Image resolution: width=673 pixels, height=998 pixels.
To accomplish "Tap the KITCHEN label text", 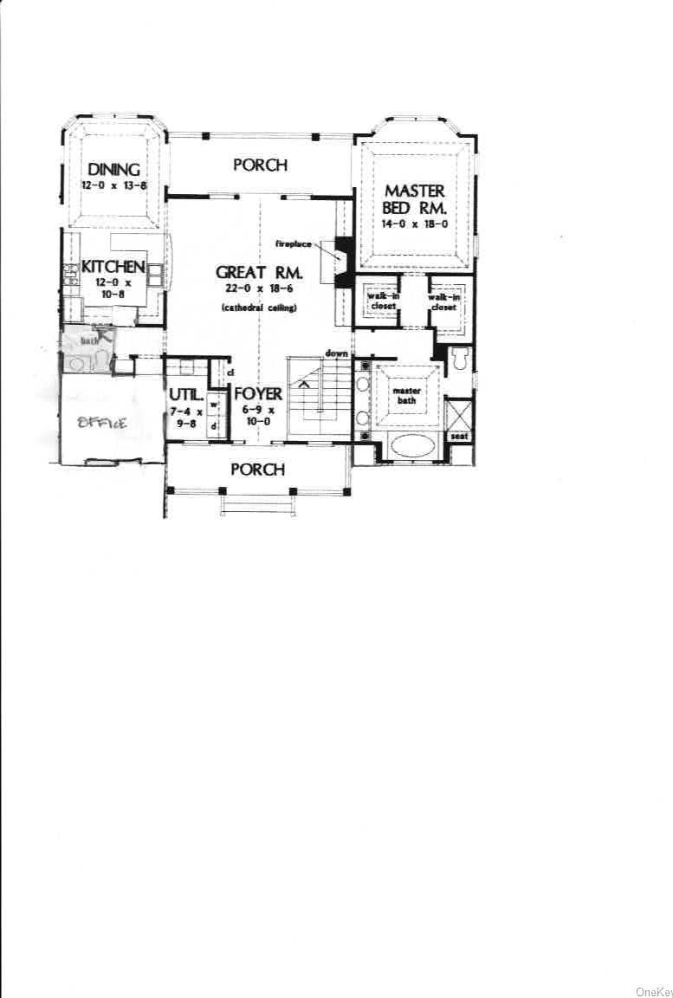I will tap(113, 266).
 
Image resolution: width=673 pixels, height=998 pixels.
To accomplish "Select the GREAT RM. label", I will tap(259, 273).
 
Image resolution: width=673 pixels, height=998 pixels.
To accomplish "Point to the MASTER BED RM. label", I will tap(414, 199).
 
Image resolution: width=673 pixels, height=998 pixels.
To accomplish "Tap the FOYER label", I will tap(258, 395).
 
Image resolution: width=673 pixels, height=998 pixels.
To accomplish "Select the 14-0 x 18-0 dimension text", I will tap(414, 224).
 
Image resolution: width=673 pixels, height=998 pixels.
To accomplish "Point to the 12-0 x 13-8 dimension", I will tap(110, 185).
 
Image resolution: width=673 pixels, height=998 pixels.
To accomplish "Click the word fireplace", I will tap(294, 244).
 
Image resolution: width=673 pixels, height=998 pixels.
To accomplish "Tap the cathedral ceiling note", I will tap(259, 308).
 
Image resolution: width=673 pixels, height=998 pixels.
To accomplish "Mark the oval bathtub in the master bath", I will tap(412, 447).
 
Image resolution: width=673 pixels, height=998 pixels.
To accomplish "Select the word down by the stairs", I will tap(337, 353).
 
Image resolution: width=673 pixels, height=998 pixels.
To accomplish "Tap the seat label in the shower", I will tap(459, 436).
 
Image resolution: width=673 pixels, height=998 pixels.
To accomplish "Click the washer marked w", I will tap(213, 405).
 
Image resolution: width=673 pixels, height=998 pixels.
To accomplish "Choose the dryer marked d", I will tap(213, 426).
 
